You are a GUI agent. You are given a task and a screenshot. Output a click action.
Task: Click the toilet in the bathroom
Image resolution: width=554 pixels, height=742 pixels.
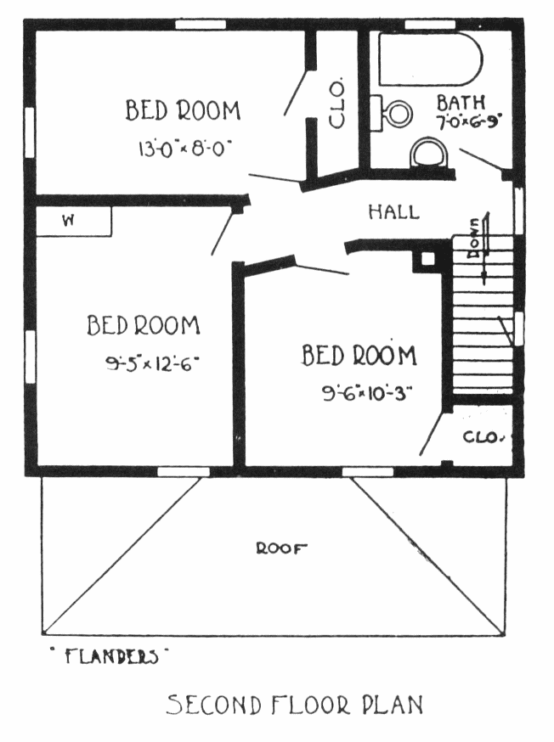391,113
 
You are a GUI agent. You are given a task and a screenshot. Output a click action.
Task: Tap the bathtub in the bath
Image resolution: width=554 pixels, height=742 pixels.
430,59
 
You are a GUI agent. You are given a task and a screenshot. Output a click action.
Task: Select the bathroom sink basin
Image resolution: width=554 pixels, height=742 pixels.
428,152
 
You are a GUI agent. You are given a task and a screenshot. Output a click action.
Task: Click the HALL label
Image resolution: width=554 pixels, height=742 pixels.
394,211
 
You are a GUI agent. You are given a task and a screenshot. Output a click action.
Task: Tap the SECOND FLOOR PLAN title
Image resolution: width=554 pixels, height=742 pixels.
294,705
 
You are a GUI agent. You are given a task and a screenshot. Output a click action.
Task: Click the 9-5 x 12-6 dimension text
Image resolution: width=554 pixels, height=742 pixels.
151,363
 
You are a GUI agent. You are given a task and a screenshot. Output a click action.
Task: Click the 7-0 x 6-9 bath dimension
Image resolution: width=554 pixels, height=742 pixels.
469,122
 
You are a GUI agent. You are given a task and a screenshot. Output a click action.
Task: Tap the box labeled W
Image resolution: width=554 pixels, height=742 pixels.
74,221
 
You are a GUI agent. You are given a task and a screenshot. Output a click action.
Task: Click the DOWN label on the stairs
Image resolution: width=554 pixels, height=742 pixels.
474,239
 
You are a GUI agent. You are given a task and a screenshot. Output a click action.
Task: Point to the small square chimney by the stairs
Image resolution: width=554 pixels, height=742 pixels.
427,259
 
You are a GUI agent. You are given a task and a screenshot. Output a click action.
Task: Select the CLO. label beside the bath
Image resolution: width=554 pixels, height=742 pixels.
336,104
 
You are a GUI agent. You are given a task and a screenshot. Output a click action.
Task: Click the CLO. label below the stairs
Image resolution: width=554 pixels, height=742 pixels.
482,436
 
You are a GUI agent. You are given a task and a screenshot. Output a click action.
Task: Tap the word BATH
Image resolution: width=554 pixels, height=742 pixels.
461,102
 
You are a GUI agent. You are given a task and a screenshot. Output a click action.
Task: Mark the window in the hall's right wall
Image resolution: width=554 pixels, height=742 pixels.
519,210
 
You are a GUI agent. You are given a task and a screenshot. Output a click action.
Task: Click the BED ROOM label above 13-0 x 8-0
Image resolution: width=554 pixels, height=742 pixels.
184,110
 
